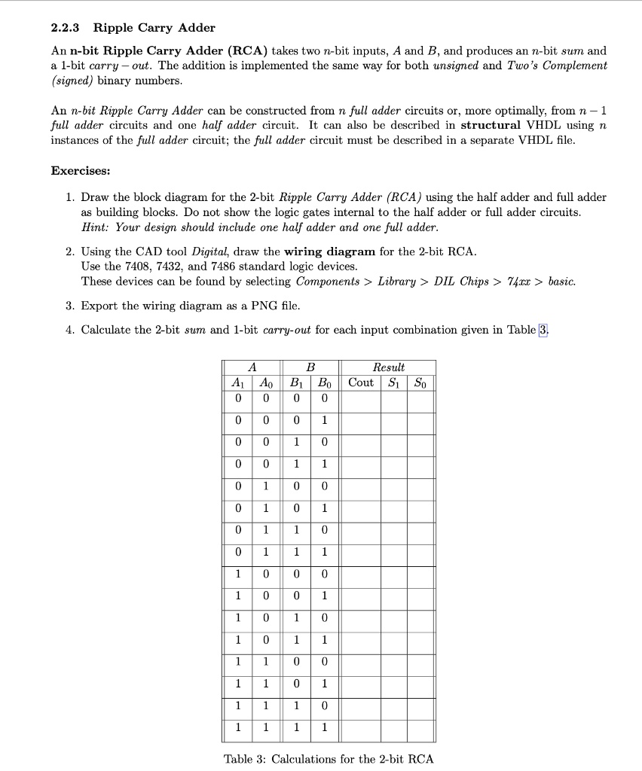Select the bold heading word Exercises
[81, 170]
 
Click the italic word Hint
[95, 227]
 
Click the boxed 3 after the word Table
[543, 330]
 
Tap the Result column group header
[389, 367]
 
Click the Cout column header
[361, 382]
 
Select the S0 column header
[421, 382]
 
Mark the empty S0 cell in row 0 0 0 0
[421, 398]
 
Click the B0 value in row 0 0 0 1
[325, 420]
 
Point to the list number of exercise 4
[69, 330]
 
